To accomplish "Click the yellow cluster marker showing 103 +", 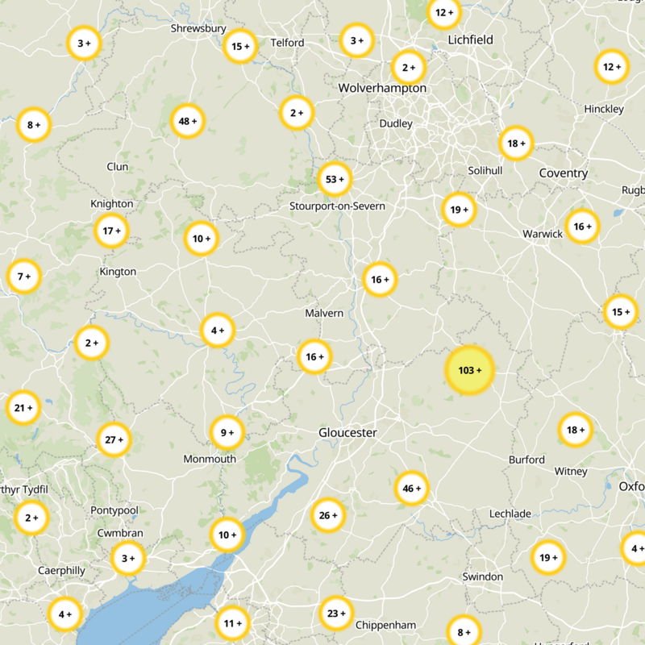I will coord(469,371).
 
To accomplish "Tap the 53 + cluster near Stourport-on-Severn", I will coord(334,179).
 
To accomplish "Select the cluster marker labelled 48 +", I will coord(188,122).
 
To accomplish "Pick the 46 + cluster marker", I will coord(412,489).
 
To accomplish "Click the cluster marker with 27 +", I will coord(114,440).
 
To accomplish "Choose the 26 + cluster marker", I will coord(328,516).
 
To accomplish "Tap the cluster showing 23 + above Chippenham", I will coord(335,614).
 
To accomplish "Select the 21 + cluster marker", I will coord(23,408).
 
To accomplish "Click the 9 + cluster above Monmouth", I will coord(227,433).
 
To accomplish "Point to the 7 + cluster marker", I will coord(23,277).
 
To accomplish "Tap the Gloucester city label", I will coord(347,433).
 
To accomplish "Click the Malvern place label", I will coord(324,313).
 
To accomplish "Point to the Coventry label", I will coord(564,173).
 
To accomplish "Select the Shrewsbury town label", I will coord(198,29).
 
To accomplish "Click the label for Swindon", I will coord(482,576).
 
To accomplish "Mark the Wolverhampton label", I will coord(382,88).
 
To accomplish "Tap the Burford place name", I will coord(526,460).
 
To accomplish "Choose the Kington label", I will coord(118,272).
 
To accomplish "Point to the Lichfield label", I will coord(470,40).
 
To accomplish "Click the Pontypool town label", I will coord(114,511).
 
